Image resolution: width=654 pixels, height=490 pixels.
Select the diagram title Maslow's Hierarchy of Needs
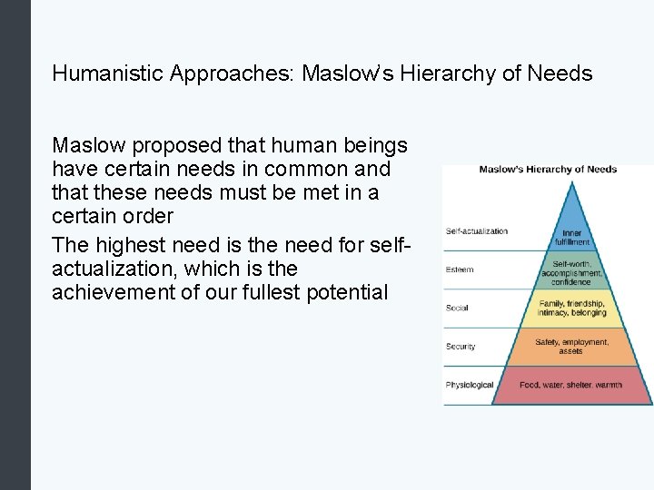(548, 169)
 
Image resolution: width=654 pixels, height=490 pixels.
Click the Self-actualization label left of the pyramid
(477, 231)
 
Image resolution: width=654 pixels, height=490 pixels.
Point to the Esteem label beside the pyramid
(460, 269)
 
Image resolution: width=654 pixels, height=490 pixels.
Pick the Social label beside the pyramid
(457, 309)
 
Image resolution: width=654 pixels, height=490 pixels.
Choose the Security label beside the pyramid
(461, 347)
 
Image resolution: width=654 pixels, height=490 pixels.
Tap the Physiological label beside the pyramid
(470, 385)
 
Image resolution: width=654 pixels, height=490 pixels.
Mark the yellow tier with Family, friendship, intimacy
(571, 309)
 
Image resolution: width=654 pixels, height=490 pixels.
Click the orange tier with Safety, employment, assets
(571, 347)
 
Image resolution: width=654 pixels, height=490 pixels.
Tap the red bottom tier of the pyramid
(571, 386)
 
